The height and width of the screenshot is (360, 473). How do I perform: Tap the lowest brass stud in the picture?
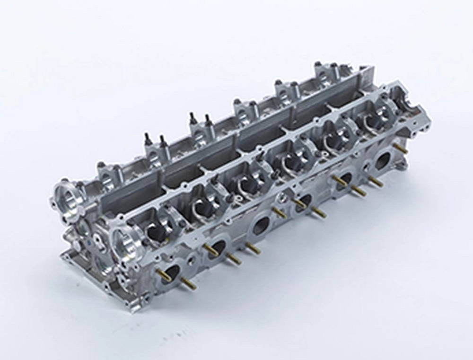click(188, 284)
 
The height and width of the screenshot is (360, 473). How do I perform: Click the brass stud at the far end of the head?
click(401, 149)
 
